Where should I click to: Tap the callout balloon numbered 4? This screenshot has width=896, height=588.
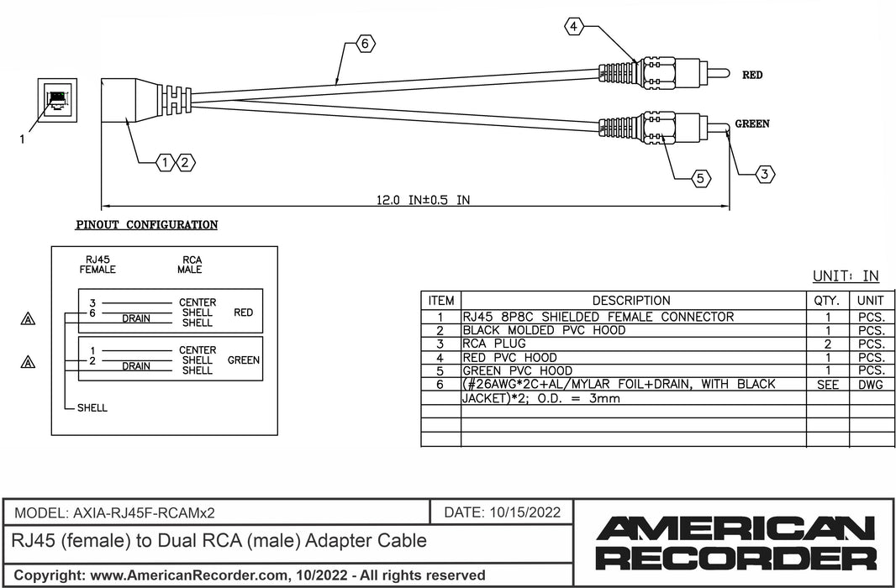(573, 28)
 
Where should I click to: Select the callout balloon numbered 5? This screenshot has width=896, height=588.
(700, 177)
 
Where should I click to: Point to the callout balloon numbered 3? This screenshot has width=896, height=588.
(763, 174)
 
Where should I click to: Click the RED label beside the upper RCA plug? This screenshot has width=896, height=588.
(752, 75)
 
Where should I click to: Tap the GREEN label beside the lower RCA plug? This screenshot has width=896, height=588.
(752, 124)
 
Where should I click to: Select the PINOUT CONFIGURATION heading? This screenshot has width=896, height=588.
(147, 225)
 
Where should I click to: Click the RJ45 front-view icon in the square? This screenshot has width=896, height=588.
(57, 100)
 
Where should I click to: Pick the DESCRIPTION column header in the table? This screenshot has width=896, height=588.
(631, 301)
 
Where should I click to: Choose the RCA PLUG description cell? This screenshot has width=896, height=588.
(494, 344)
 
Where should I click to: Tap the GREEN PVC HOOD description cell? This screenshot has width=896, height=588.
(517, 370)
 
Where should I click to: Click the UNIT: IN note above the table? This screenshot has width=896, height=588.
(846, 276)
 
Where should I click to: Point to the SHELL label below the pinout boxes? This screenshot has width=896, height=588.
(92, 408)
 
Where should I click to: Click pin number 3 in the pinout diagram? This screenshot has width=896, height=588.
(92, 302)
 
